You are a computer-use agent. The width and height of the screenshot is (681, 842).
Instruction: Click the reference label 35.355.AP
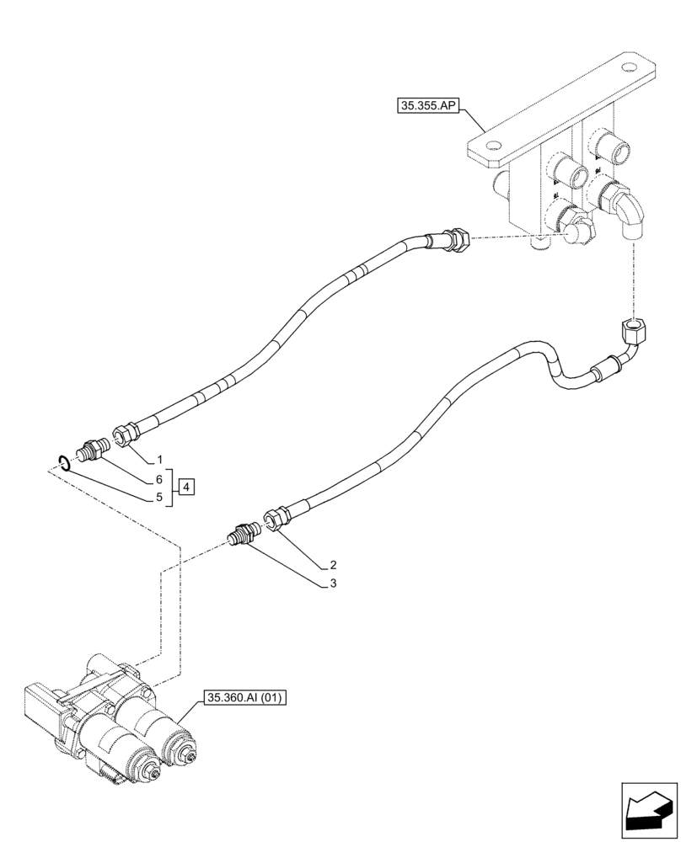(x=426, y=107)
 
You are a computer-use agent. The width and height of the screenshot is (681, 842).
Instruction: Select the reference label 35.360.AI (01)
(x=245, y=698)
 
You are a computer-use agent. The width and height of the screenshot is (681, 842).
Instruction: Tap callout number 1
(x=158, y=461)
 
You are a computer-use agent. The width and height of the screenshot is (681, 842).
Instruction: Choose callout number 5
(x=158, y=497)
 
